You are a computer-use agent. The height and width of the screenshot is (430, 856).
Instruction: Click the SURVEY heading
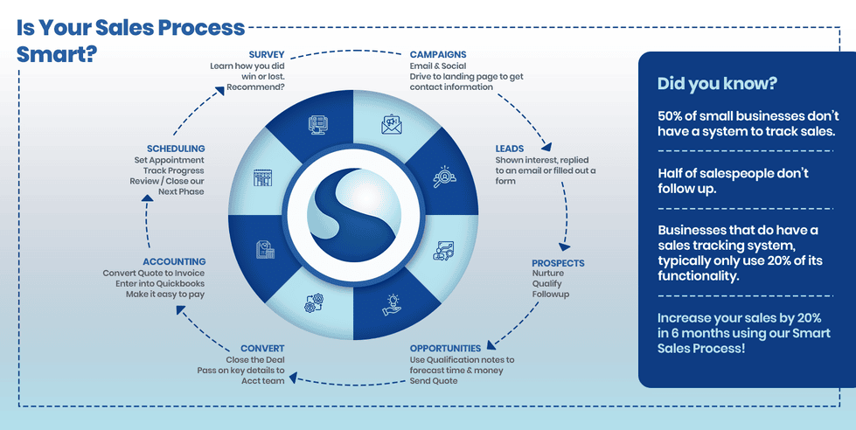coord(267,54)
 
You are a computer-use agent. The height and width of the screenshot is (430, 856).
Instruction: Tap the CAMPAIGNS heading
coord(438,54)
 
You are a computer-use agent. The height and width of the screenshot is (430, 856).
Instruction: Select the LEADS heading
coord(510,149)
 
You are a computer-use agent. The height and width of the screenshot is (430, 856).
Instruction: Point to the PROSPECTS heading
coord(558,263)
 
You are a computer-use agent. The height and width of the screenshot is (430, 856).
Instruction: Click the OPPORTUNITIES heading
coord(445,348)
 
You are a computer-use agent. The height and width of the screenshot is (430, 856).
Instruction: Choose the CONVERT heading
coord(261,348)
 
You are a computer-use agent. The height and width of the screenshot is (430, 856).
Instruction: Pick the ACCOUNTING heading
coord(174,261)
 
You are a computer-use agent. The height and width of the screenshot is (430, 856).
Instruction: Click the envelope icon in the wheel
coord(391,125)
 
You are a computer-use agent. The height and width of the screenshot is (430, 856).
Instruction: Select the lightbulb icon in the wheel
coord(390,304)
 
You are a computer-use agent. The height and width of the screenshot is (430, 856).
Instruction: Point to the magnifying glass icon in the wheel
coord(444,177)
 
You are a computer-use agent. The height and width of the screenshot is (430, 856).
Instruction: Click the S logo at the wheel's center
coord(354,214)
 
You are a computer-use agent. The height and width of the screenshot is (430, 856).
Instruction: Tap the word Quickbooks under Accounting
coord(179,283)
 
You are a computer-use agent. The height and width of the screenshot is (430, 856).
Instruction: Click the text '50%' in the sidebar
coord(674,115)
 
